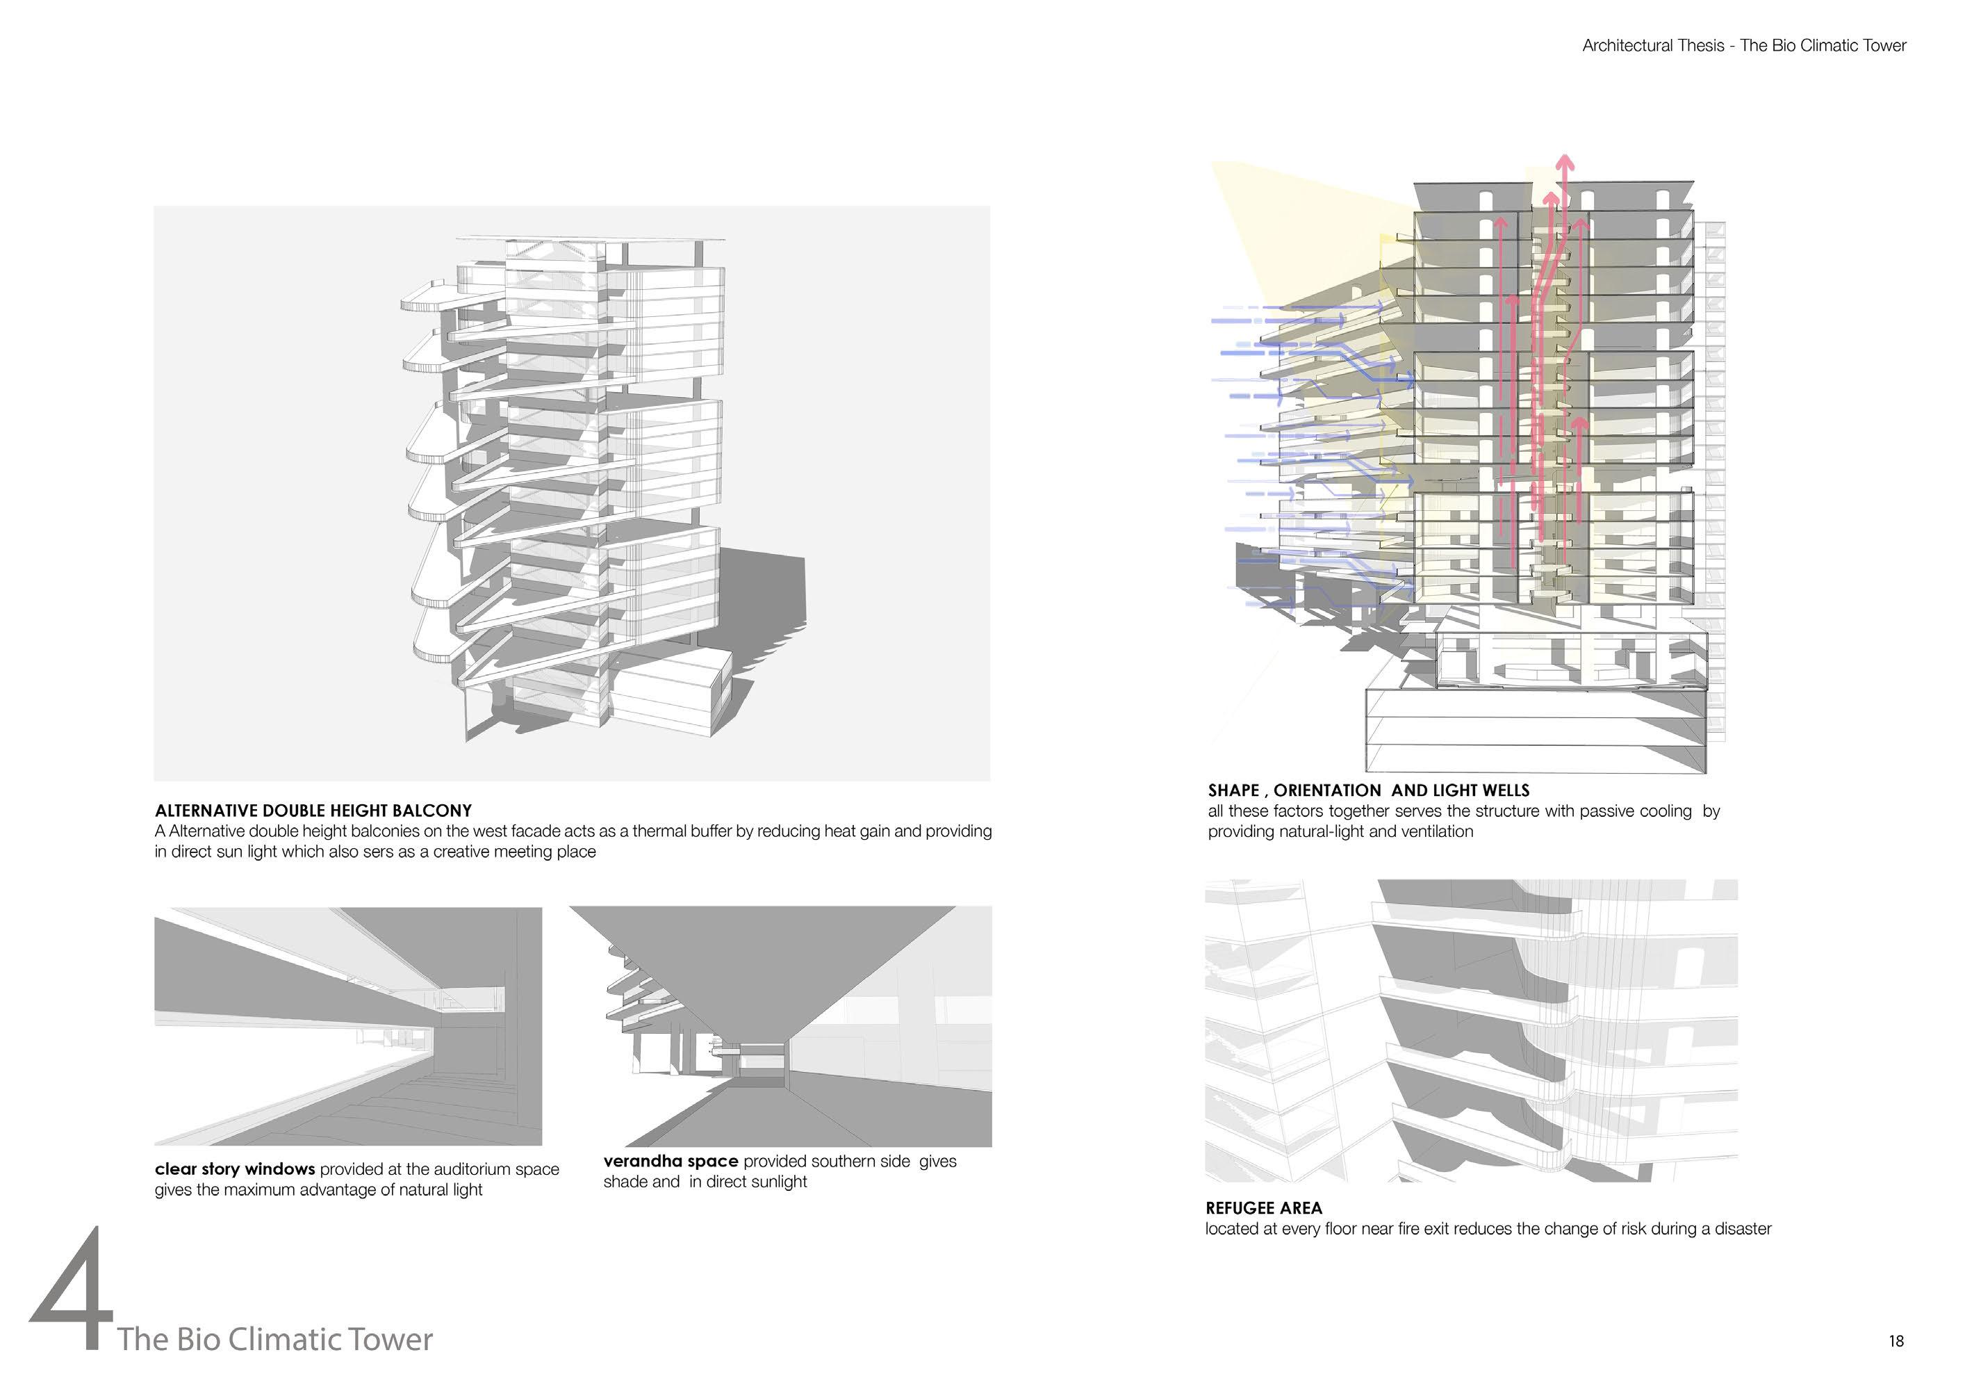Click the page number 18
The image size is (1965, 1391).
(x=1896, y=1340)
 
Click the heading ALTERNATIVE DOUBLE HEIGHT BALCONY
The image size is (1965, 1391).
(x=313, y=811)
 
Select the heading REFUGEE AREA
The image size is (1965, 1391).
(x=1264, y=1207)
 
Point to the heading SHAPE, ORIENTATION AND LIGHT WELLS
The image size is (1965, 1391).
(x=1368, y=790)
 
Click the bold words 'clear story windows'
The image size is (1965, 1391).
(x=235, y=1169)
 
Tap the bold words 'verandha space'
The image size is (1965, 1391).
(x=671, y=1161)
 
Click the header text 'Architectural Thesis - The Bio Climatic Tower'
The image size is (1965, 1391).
(x=1744, y=45)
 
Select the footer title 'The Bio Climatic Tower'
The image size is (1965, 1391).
(x=275, y=1339)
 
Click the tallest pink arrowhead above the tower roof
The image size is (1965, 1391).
(x=1564, y=162)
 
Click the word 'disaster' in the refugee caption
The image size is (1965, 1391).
(x=1743, y=1228)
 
